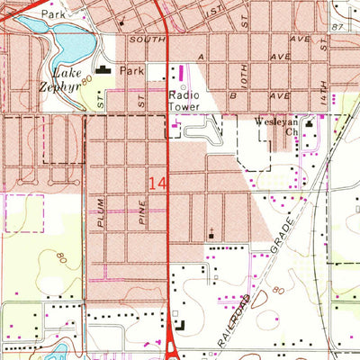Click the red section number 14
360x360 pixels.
pos(157,183)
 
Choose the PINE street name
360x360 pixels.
pos(141,212)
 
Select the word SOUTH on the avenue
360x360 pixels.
pos(148,40)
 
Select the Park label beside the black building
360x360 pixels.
pos(132,69)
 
